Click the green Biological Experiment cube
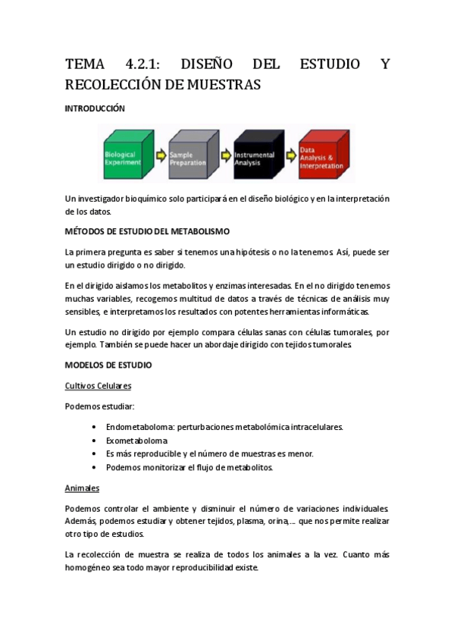[126, 156]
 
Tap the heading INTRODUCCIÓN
[95, 109]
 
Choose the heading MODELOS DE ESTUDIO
[108, 365]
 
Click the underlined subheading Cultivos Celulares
[99, 385]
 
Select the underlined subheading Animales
[82, 487]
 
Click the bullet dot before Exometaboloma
[94, 441]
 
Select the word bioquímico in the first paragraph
[147, 199]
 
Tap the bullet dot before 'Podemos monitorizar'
[94, 467]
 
